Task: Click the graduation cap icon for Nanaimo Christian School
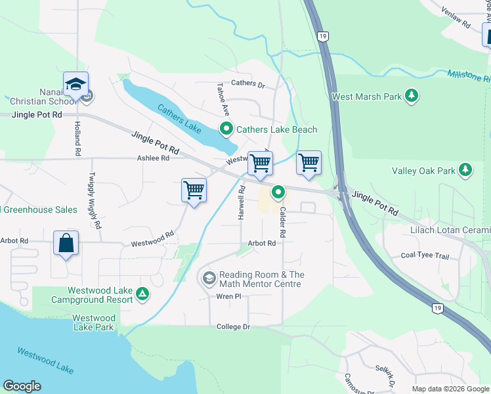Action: click(76, 85)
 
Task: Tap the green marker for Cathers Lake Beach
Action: click(226, 129)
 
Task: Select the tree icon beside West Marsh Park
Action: click(412, 97)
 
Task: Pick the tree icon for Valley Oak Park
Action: click(465, 171)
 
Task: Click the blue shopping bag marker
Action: click(66, 243)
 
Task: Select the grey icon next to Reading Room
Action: click(209, 279)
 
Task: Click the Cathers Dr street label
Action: click(247, 85)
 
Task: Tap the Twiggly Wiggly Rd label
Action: click(95, 200)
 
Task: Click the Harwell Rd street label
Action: click(242, 202)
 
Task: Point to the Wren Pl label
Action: click(229, 297)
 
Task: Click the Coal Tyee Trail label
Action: click(425, 255)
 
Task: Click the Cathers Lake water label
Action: click(179, 118)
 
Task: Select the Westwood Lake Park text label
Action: click(95, 322)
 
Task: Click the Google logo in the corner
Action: click(22, 386)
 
